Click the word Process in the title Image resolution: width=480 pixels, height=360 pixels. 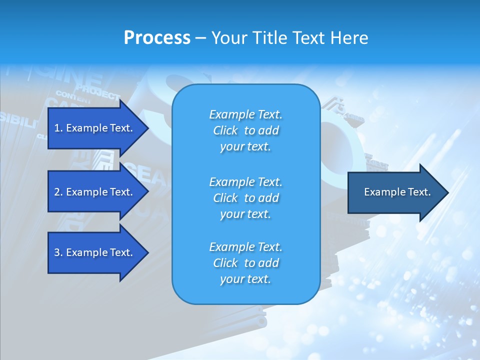(x=157, y=38)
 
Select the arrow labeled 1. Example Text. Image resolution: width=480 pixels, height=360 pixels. (x=95, y=128)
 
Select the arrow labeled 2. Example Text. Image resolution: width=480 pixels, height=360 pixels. (x=95, y=192)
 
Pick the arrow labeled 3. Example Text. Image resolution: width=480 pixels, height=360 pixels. (x=95, y=252)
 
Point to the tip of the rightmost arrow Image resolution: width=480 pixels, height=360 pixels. (x=447, y=192)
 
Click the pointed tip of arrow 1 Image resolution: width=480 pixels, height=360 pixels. (x=147, y=128)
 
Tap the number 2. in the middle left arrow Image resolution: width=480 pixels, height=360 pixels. (x=58, y=192)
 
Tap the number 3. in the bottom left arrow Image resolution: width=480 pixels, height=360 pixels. (x=58, y=252)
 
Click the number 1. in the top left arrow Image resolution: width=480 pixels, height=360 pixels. (x=58, y=128)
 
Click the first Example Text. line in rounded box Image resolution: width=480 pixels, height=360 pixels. (x=245, y=114)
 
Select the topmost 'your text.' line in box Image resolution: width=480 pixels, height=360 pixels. (x=245, y=146)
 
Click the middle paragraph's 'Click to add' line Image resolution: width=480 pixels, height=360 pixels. (x=245, y=198)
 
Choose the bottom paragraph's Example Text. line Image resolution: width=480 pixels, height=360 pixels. (x=245, y=247)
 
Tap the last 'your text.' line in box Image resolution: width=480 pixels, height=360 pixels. (x=245, y=279)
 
